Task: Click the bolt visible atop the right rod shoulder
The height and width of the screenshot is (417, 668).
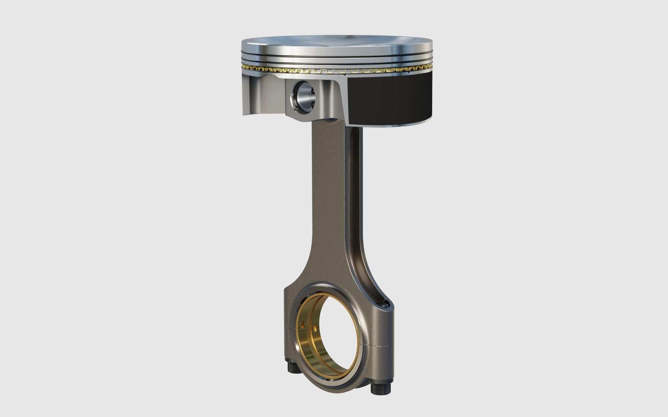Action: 384,304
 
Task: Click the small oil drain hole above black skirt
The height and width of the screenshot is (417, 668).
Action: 344,74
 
